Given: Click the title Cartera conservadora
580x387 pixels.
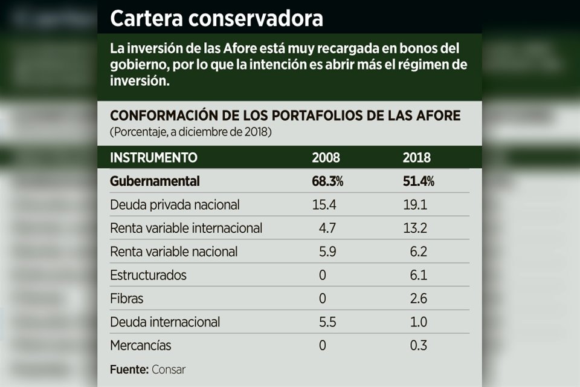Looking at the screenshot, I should (x=216, y=18).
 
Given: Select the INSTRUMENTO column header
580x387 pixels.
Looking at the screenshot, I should (x=153, y=158).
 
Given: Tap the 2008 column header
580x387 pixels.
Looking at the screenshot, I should (x=326, y=158).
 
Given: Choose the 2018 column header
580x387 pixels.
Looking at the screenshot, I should (x=416, y=158).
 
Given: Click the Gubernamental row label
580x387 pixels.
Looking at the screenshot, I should (x=155, y=181).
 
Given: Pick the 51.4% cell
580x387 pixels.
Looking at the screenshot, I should (x=418, y=181).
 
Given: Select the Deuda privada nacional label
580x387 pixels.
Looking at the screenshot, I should (x=175, y=205).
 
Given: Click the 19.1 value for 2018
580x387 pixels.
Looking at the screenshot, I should (x=415, y=205).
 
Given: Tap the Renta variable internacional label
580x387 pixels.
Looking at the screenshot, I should (x=186, y=229).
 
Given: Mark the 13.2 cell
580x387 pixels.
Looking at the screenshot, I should (x=415, y=229).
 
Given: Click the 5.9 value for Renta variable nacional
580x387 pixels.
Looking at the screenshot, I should (x=327, y=252).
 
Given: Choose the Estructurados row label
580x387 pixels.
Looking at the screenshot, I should (x=148, y=275).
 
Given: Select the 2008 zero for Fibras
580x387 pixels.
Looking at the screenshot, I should (x=323, y=299).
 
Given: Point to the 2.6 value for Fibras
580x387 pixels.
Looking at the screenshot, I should (x=417, y=299).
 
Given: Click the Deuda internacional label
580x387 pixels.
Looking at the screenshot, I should (x=165, y=322).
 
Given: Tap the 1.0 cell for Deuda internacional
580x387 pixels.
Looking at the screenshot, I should (x=417, y=322).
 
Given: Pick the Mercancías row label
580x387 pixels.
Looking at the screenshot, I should (x=140, y=346).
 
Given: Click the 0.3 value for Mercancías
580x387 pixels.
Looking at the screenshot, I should (x=418, y=346).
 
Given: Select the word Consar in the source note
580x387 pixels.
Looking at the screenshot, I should (x=169, y=369).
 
